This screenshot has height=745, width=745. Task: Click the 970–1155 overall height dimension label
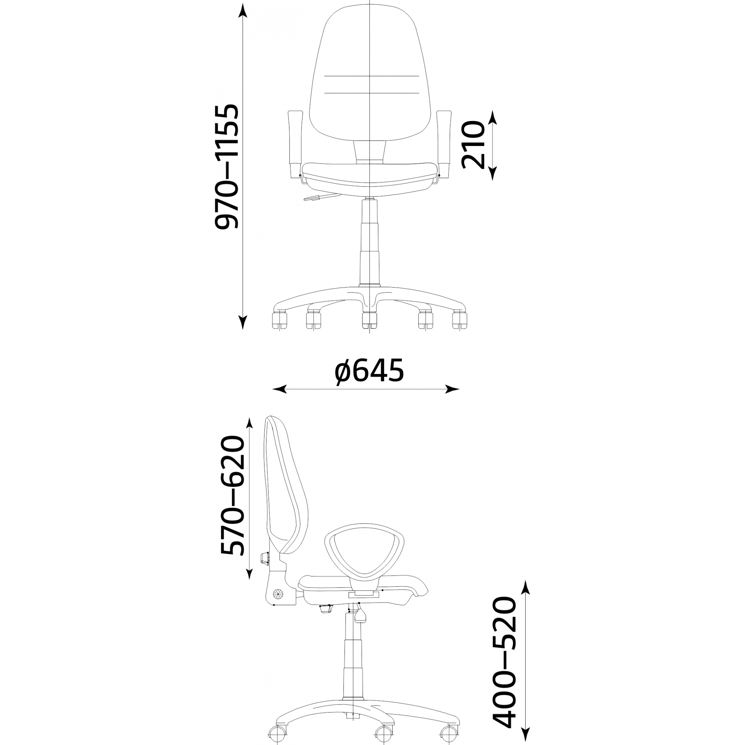[228, 167]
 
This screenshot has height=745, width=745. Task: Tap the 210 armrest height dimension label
[473, 145]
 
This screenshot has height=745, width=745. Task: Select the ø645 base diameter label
[369, 370]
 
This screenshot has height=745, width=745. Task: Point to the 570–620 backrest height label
[232, 495]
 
